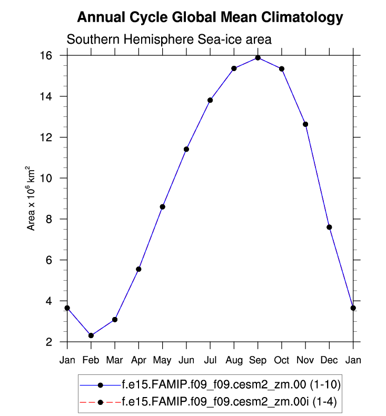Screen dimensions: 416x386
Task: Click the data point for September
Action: point(258,58)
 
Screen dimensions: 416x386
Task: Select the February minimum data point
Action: point(91,335)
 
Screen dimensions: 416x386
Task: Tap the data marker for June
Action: point(186,149)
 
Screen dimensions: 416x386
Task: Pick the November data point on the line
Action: point(305,124)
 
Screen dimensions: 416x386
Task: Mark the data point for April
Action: point(138,269)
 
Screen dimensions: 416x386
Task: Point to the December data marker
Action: point(329,227)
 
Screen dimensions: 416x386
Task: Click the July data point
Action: point(210,100)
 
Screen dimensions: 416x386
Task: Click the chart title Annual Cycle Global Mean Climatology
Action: point(210,18)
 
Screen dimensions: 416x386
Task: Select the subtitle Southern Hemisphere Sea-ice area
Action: point(169,39)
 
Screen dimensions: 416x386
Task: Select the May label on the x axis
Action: point(162,360)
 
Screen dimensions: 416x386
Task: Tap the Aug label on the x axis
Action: point(234,360)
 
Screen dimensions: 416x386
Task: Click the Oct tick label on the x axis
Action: point(281,360)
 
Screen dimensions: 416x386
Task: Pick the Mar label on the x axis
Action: point(115,360)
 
